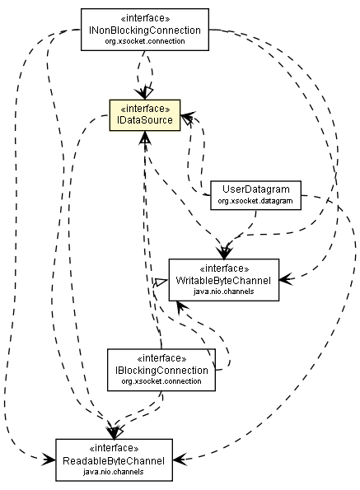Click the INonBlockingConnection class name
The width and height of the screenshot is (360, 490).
coord(144,30)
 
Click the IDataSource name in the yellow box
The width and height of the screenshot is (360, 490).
coord(144,120)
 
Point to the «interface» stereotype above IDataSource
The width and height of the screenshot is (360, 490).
coord(144,109)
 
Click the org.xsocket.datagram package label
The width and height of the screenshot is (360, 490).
coord(254,200)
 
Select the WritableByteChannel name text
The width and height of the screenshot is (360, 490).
coord(224,279)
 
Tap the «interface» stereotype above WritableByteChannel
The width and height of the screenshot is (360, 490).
coord(224,268)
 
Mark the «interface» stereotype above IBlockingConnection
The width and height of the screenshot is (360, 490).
coord(161,358)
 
